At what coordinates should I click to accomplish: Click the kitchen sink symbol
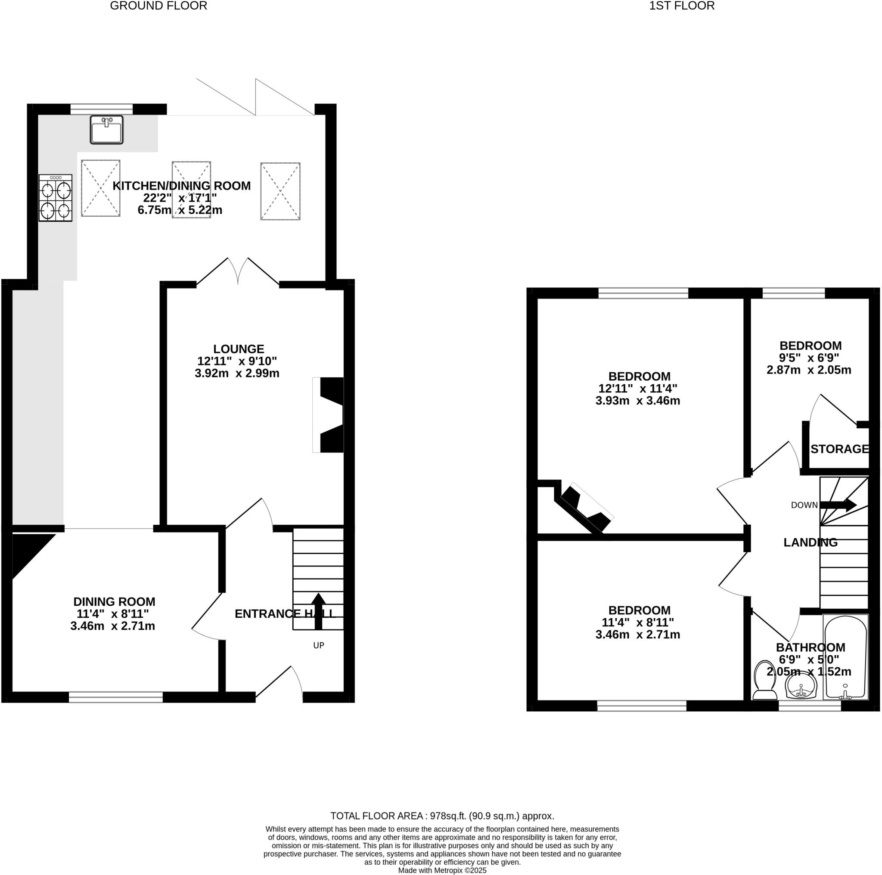coord(106,130)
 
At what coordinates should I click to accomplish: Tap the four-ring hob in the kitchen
coord(55,198)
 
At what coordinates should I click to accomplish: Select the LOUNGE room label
coord(239,349)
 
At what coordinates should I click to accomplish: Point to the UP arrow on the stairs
coord(318,611)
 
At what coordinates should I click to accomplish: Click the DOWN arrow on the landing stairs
coord(838,505)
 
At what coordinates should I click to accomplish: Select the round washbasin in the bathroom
coord(800,686)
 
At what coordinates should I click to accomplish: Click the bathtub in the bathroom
coord(845,657)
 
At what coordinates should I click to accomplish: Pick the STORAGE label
coord(839,449)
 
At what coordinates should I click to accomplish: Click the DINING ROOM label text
coord(114,602)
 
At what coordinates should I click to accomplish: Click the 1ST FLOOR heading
coord(682,6)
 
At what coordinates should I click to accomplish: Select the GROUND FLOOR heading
coord(158,6)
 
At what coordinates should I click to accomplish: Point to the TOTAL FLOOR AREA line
coord(442,816)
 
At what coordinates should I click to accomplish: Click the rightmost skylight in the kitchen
coord(280,191)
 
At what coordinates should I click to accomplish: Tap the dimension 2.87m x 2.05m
coord(808,370)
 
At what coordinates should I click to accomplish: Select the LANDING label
coord(811,542)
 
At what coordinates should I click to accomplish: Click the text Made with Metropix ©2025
coord(442,870)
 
